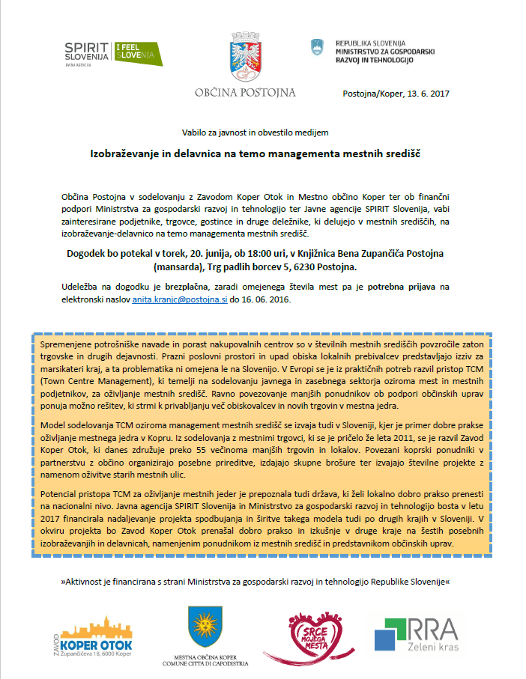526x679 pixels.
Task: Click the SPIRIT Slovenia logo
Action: (x=87, y=53)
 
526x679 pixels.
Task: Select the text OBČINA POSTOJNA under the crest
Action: (x=245, y=93)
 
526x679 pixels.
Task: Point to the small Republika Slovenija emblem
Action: (x=317, y=47)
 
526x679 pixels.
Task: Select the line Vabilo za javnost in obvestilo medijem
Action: (x=255, y=132)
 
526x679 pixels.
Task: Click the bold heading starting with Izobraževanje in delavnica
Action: (x=255, y=153)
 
